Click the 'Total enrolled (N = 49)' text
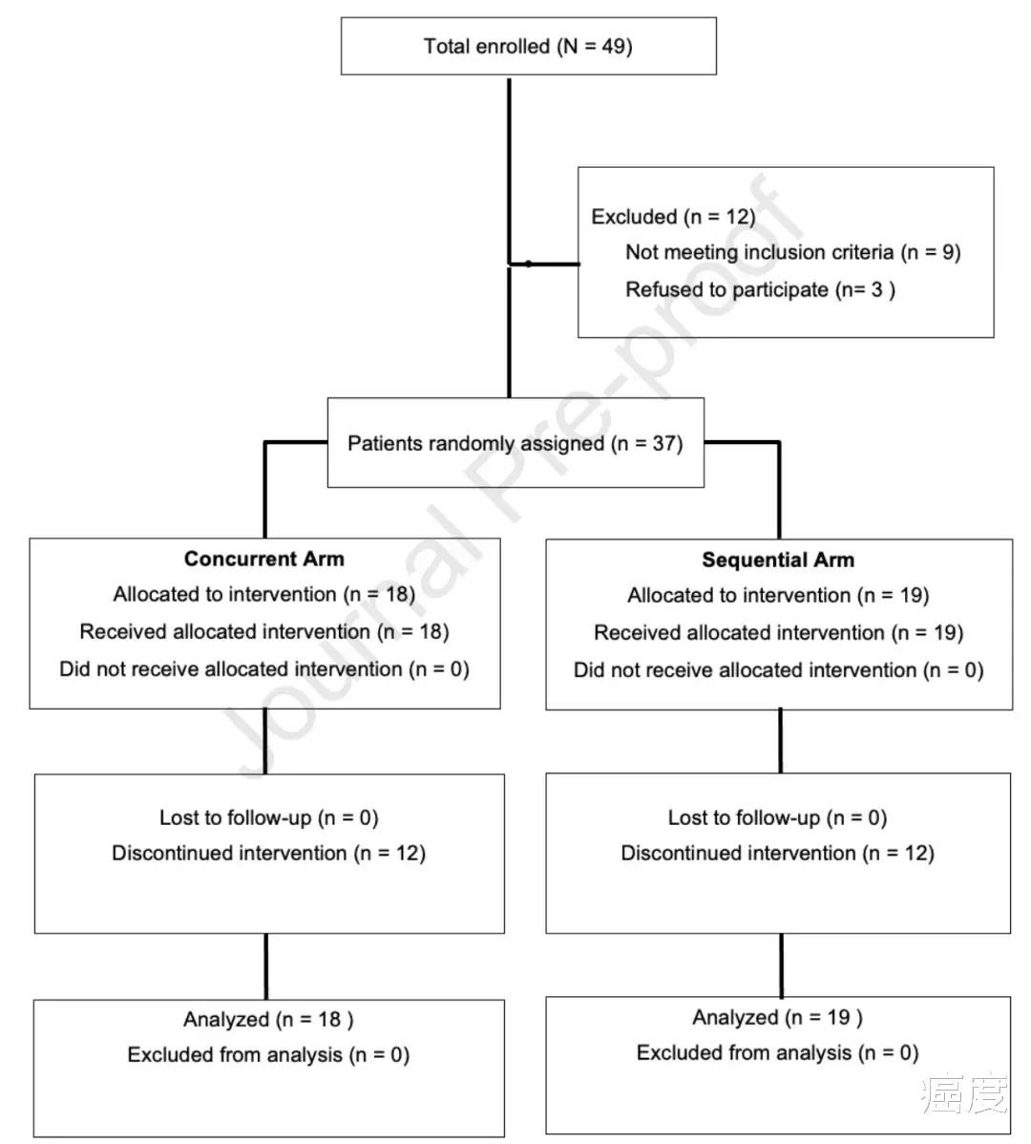(528, 47)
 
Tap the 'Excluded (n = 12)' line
(673, 217)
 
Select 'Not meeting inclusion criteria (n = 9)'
(793, 252)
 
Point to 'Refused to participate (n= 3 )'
(761, 289)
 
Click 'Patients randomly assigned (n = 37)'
(515, 444)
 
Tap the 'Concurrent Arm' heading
(263, 559)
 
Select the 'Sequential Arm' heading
(778, 561)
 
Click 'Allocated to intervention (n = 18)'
(263, 595)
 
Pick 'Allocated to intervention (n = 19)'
(778, 596)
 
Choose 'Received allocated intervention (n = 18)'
(263, 632)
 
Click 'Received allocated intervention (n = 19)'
(779, 633)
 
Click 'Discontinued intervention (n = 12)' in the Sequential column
(778, 854)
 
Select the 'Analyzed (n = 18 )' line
(268, 1019)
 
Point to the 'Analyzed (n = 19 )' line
(777, 1018)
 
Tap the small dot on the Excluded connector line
(528, 264)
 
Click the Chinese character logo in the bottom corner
(964, 1093)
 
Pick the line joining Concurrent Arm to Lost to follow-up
(264, 741)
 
